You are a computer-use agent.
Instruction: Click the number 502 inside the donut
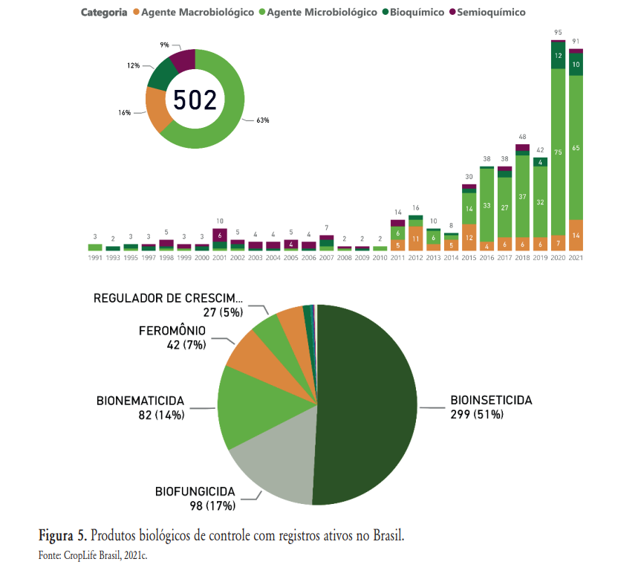[195, 100]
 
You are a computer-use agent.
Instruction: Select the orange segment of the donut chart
[157, 109]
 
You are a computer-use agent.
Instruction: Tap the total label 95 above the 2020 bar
[558, 32]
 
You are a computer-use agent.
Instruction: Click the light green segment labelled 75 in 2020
[558, 152]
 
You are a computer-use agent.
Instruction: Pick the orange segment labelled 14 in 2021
[576, 235]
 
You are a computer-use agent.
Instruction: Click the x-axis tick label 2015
[469, 257]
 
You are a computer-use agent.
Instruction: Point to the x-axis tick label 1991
[95, 257]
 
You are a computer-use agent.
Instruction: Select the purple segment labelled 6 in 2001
[220, 235]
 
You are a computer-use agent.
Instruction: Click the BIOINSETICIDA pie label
[491, 400]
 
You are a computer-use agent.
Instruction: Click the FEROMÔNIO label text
[172, 331]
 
